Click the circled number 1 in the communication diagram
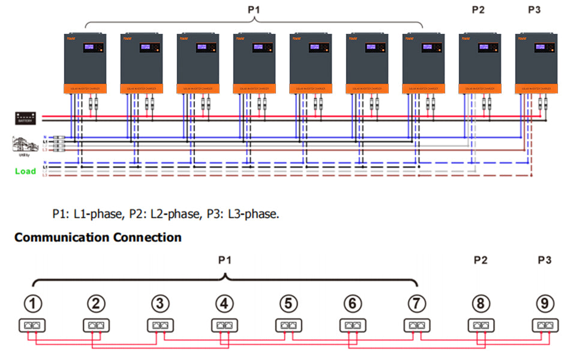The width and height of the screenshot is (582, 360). pyautogui.click(x=36, y=304)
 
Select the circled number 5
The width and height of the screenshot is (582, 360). pyautogui.click(x=289, y=304)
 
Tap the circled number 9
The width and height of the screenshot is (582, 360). pyautogui.click(x=544, y=304)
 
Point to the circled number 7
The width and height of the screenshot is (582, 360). pyautogui.click(x=415, y=304)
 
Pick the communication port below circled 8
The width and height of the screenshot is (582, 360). pyautogui.click(x=479, y=326)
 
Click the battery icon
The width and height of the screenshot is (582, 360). pyautogui.click(x=25, y=118)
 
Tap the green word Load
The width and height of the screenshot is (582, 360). pyautogui.click(x=25, y=171)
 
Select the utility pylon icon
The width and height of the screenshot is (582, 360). pyautogui.click(x=22, y=145)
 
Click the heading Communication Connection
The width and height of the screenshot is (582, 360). pyautogui.click(x=98, y=237)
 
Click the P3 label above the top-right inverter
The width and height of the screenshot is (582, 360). pyautogui.click(x=535, y=10)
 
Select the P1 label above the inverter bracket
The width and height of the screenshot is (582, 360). pyautogui.click(x=255, y=10)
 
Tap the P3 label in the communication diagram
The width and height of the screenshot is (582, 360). pyautogui.click(x=544, y=260)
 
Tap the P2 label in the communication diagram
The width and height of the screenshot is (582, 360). pyautogui.click(x=480, y=260)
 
